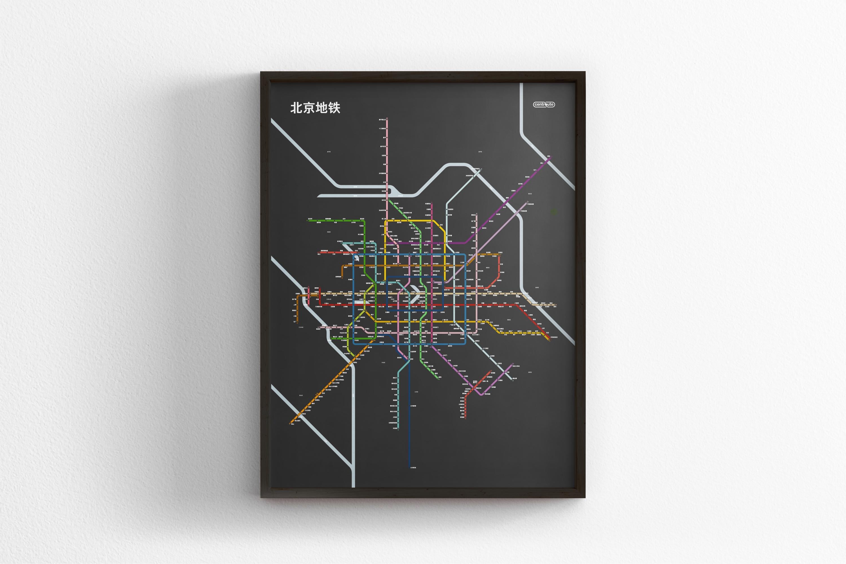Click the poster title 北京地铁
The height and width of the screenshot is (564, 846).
click(x=315, y=108)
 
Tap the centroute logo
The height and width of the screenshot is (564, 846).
click(x=544, y=105)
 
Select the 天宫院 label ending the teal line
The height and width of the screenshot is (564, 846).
click(x=395, y=428)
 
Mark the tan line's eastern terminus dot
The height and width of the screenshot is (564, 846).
click(x=556, y=305)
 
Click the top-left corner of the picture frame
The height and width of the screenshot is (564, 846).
click(x=261, y=72)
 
